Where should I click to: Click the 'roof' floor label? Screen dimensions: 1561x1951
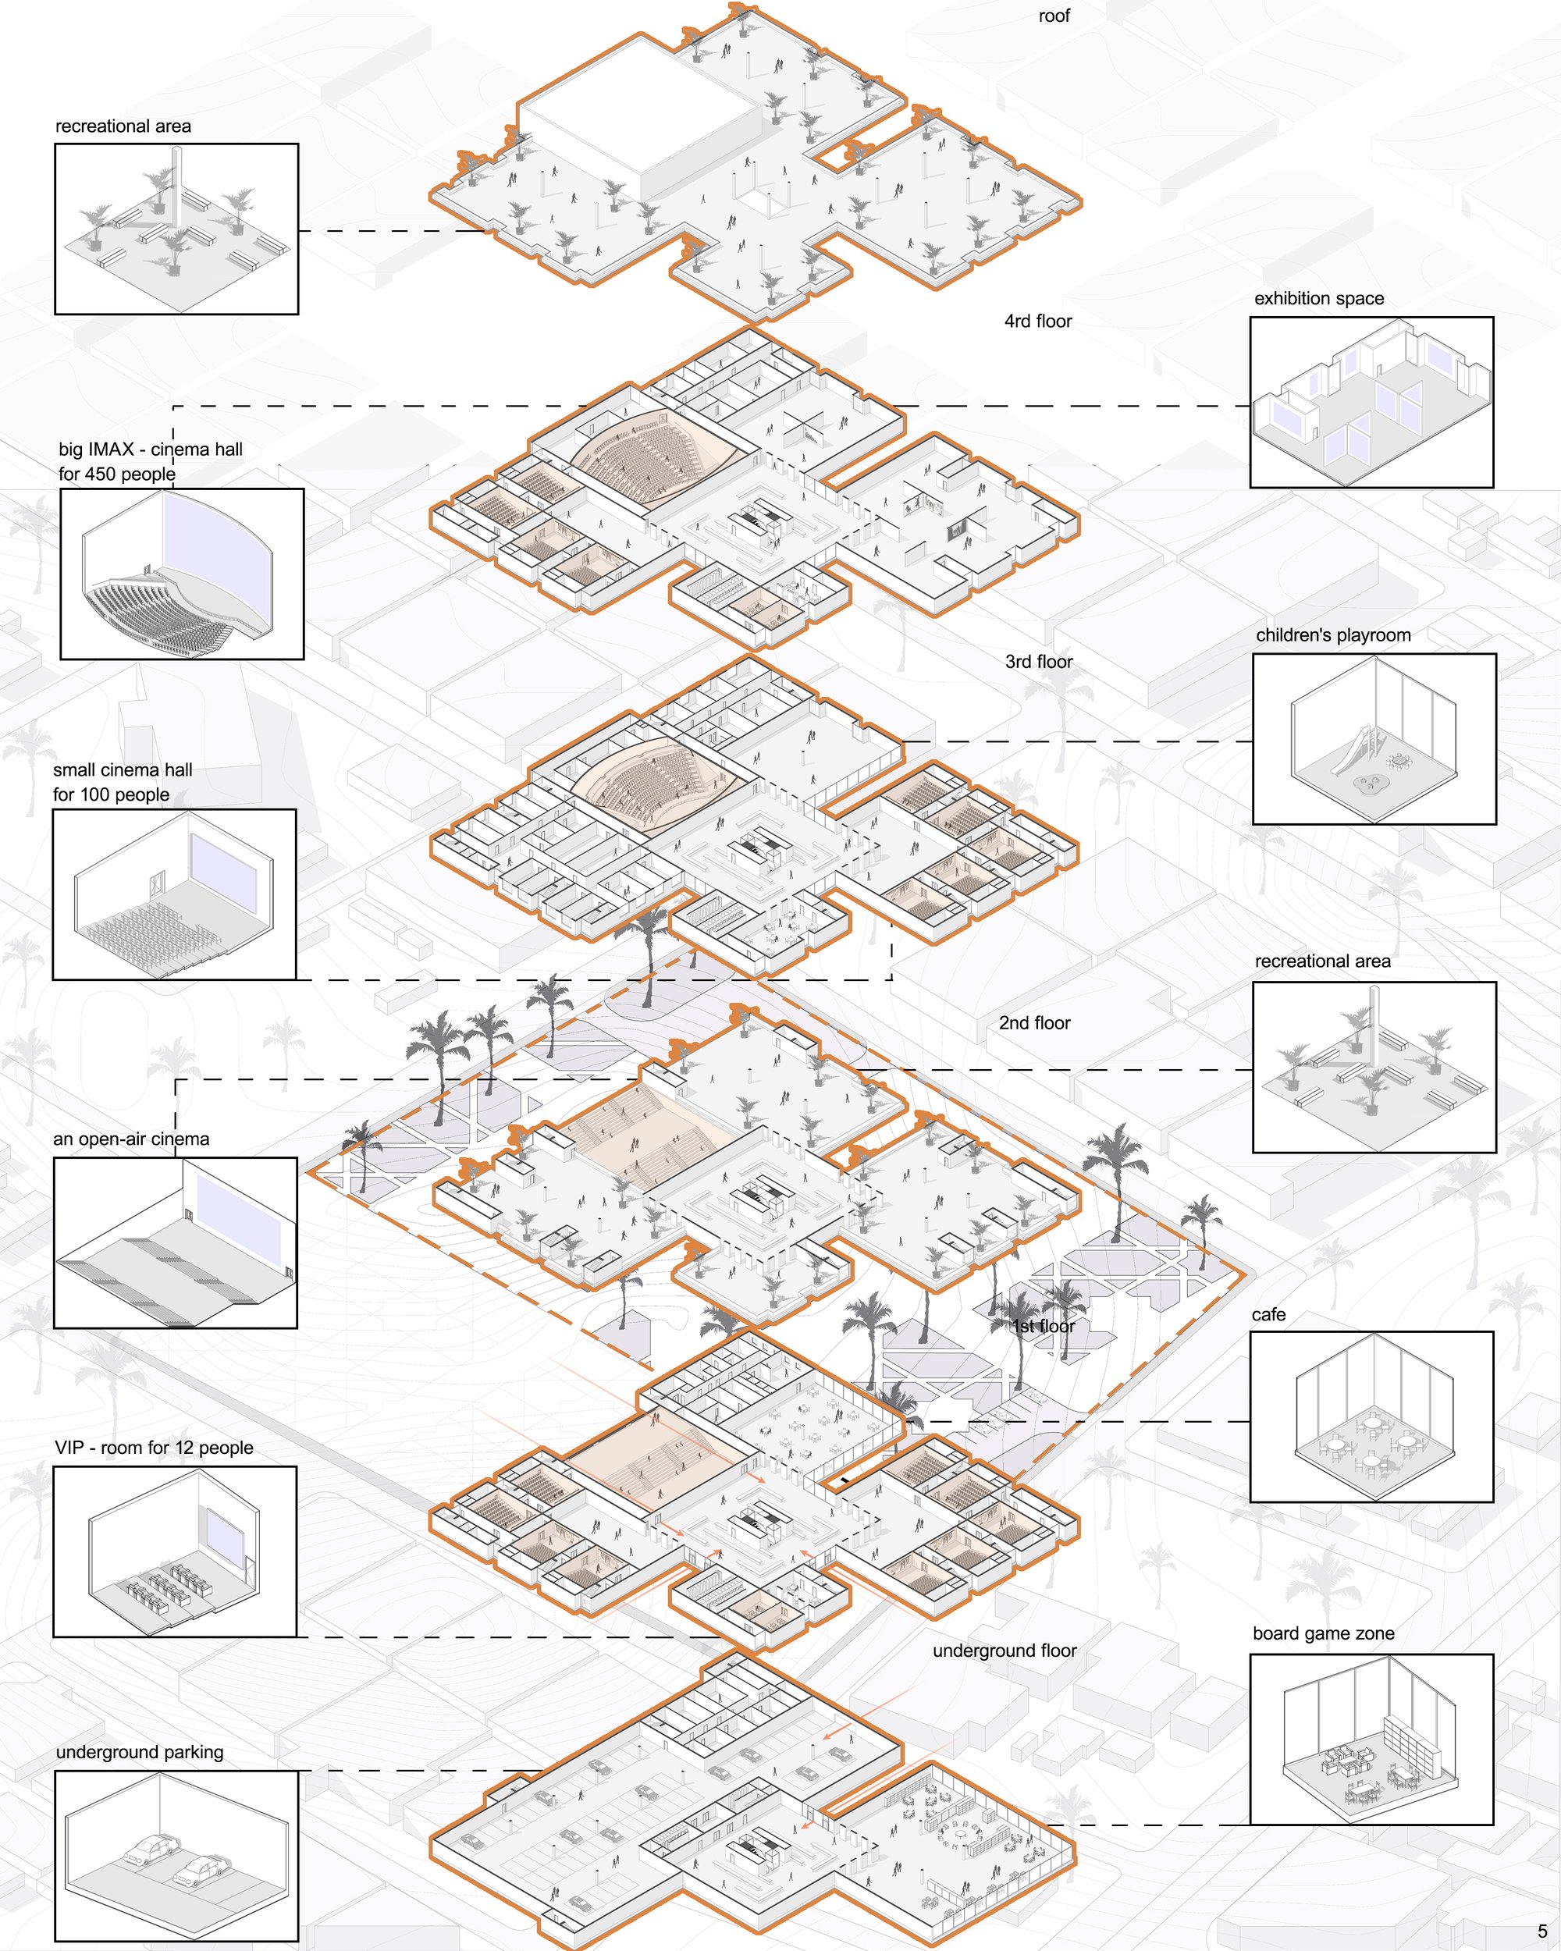pyautogui.click(x=1054, y=16)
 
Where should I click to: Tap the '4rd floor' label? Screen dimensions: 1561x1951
pyautogui.click(x=1038, y=322)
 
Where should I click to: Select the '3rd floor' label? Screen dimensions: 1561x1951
pyautogui.click(x=1039, y=662)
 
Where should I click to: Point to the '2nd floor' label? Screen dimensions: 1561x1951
pyautogui.click(x=1034, y=1022)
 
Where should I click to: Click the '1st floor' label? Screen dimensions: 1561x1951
pyautogui.click(x=1044, y=1326)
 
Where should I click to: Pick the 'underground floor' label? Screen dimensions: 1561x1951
pyautogui.click(x=1005, y=1651)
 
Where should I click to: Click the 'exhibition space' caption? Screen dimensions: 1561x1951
pyautogui.click(x=1318, y=299)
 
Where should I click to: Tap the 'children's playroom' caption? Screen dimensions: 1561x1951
pyautogui.click(x=1333, y=635)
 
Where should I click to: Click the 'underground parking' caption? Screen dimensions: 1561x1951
pyautogui.click(x=140, y=1752)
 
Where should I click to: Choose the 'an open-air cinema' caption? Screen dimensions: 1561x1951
pyautogui.click(x=131, y=1139)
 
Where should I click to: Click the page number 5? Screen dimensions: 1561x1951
pyautogui.click(x=1542, y=1931)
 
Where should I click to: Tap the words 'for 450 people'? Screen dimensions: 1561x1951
pyautogui.click(x=117, y=474)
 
